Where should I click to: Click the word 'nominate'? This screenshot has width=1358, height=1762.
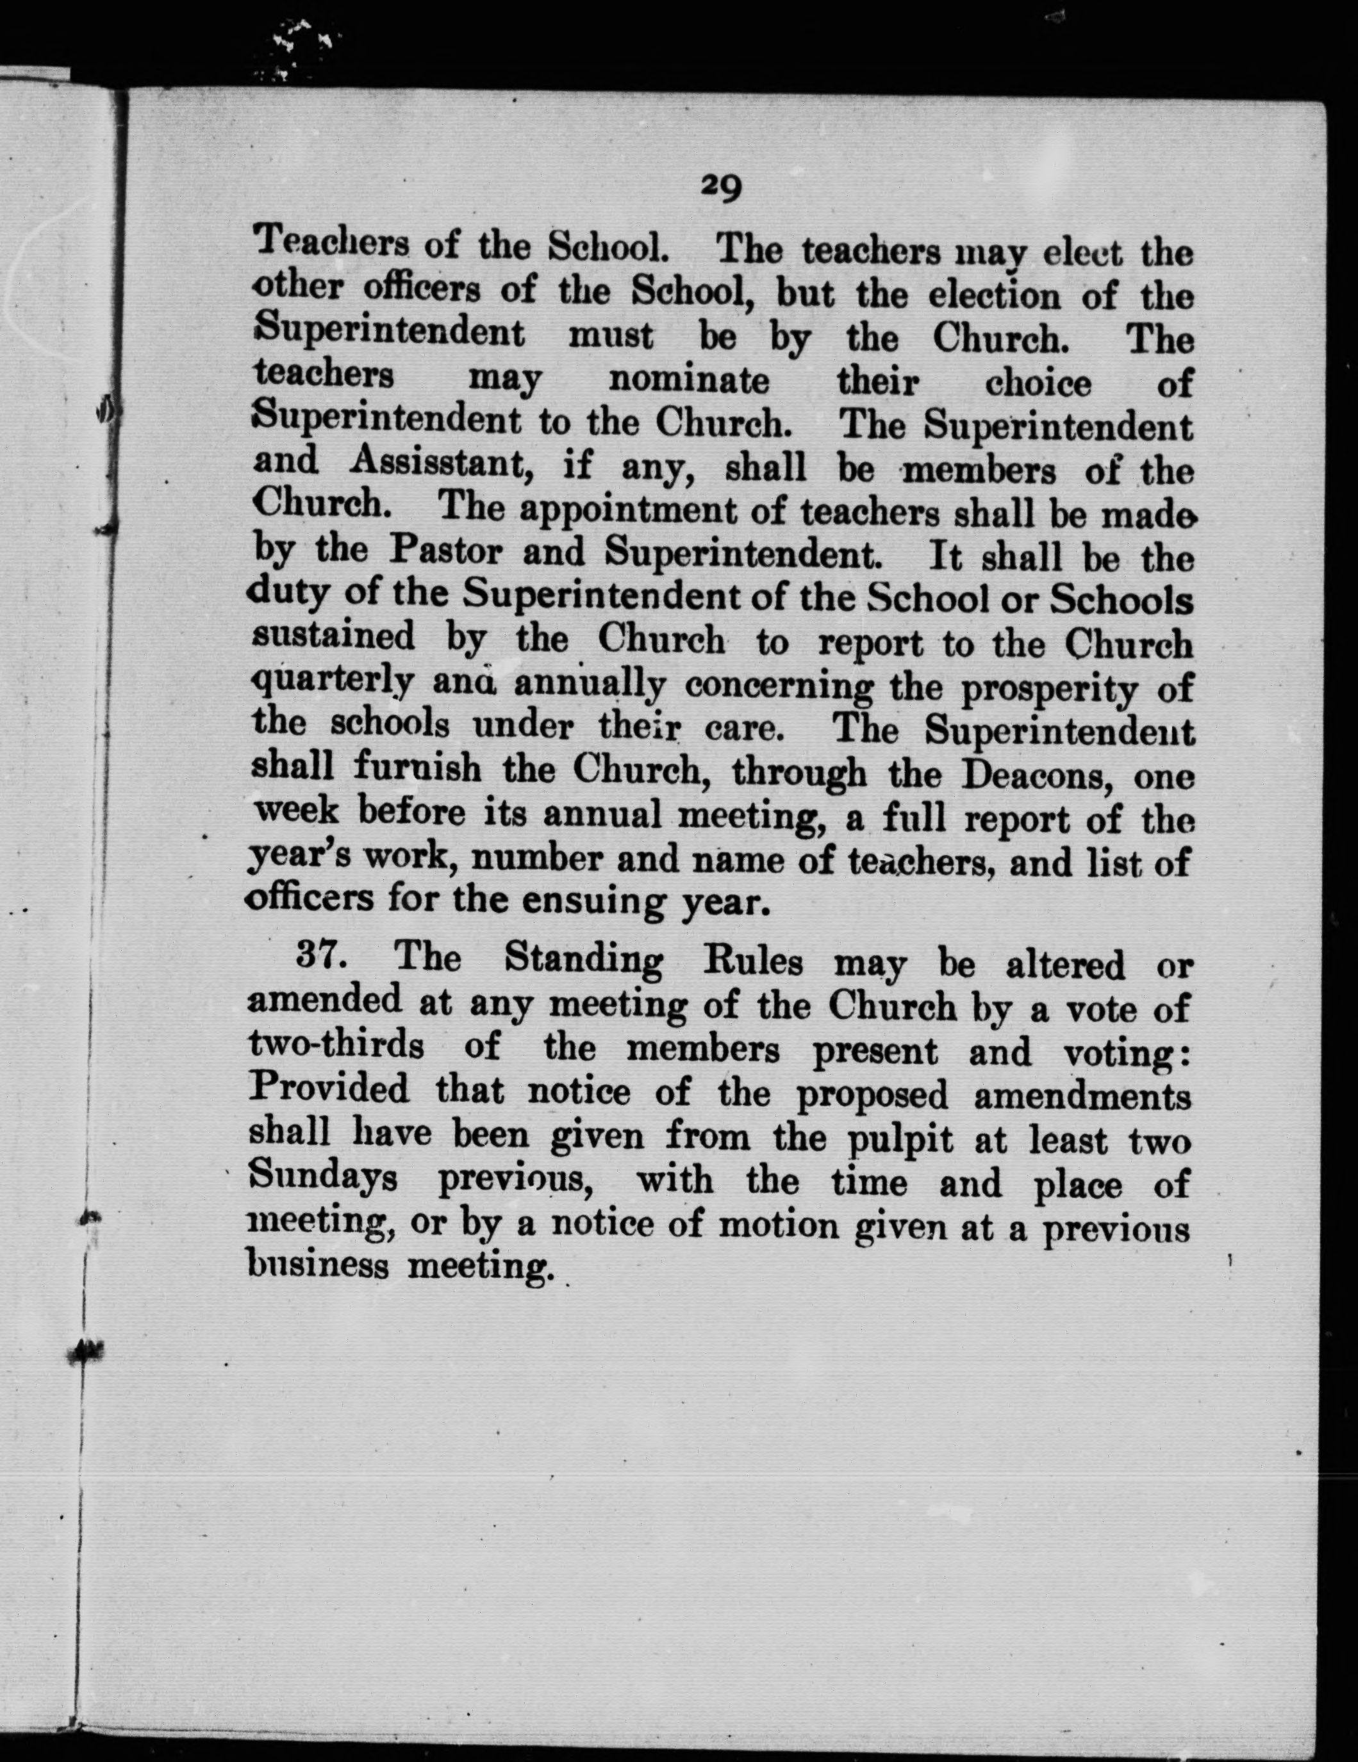[x=688, y=380]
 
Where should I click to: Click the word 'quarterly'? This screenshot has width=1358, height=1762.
[x=333, y=685]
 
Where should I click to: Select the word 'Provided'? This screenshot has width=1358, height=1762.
[x=329, y=1091]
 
